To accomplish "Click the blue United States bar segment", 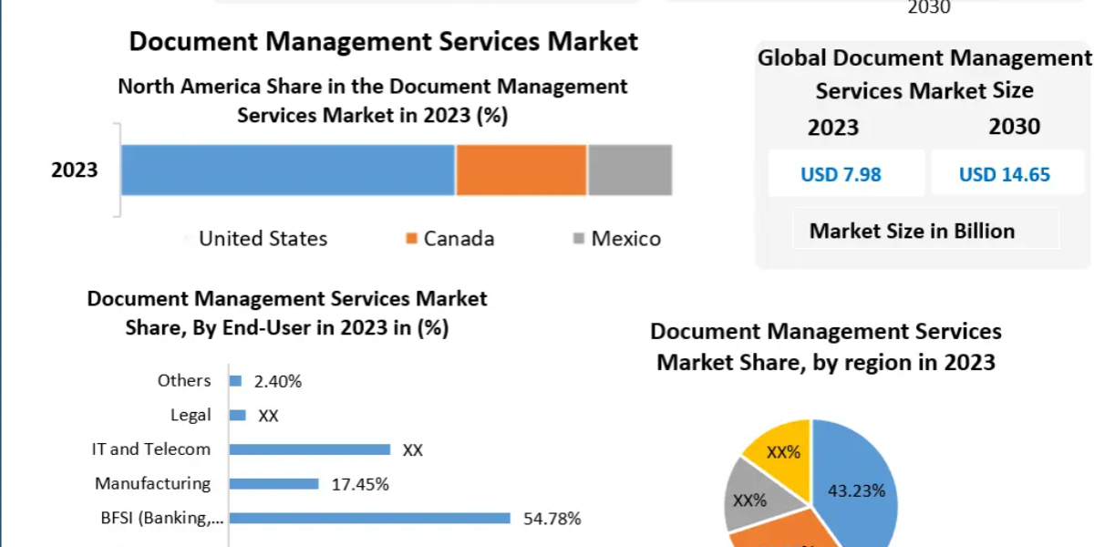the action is (x=288, y=170).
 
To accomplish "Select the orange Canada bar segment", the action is (x=521, y=170).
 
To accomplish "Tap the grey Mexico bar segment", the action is (x=630, y=170).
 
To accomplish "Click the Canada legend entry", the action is (x=449, y=239).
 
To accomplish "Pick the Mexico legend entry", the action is (x=617, y=239).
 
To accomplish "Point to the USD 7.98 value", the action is (x=841, y=174).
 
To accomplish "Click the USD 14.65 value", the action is (x=1005, y=174).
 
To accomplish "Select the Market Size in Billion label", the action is (x=912, y=231).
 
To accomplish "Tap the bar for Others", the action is (x=235, y=381).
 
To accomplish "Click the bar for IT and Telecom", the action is (x=310, y=449).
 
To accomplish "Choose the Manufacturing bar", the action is (x=274, y=483).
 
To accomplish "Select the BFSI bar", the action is (x=370, y=518).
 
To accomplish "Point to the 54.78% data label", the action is (x=552, y=518).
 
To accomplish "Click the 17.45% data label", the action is (x=360, y=484).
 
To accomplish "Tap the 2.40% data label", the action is (x=278, y=381).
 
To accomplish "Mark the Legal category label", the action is (x=191, y=415).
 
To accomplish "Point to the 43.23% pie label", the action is (x=857, y=490).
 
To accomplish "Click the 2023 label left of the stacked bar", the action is (x=75, y=170).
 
